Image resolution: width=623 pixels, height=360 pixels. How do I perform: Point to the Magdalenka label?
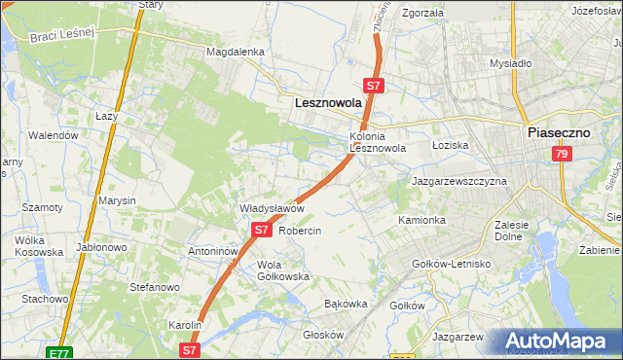pos(236,52)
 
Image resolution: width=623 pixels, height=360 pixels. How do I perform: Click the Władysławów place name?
pos(274,208)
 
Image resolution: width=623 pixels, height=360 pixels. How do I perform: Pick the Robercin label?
pos(300,231)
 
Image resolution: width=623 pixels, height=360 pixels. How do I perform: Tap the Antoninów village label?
pos(214,251)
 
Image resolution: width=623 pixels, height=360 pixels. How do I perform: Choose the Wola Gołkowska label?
pos(283,270)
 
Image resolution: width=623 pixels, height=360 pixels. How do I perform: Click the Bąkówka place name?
pos(346,304)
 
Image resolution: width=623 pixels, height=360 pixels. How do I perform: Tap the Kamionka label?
pos(421,221)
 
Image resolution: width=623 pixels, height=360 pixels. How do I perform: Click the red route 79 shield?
pos(561,155)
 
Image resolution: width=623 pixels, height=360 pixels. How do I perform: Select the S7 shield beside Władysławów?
pos(261,231)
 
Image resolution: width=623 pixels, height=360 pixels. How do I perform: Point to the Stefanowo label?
pos(155,288)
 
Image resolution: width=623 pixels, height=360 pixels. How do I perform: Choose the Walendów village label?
pos(54,135)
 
